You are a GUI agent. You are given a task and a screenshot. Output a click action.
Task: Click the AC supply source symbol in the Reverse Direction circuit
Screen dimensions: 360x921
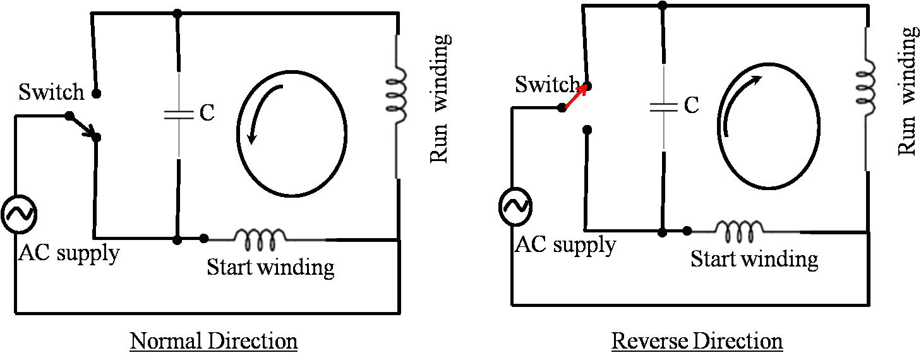[x=515, y=206]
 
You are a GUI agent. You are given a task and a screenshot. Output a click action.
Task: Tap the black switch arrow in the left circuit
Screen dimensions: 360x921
[x=83, y=126]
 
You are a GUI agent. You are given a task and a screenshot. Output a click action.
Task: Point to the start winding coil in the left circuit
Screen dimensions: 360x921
[x=260, y=239]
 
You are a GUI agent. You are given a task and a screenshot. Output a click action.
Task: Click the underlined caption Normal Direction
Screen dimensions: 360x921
[x=214, y=342]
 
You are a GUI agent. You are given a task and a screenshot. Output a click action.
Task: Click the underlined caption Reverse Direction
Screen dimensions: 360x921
[x=697, y=342]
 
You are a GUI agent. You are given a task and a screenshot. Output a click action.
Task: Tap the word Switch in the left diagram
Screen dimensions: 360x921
[x=51, y=92]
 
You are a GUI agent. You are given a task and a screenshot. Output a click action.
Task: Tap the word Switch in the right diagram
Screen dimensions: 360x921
[x=546, y=84]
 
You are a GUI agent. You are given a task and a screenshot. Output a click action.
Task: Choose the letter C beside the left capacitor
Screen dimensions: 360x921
[x=207, y=114]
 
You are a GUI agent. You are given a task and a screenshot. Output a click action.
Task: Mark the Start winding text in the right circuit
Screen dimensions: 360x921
[x=754, y=259]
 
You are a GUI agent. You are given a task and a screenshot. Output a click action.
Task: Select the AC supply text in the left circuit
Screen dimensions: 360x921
[x=68, y=253]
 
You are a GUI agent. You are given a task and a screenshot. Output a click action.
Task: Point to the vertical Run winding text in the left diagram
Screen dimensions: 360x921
[x=441, y=99]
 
